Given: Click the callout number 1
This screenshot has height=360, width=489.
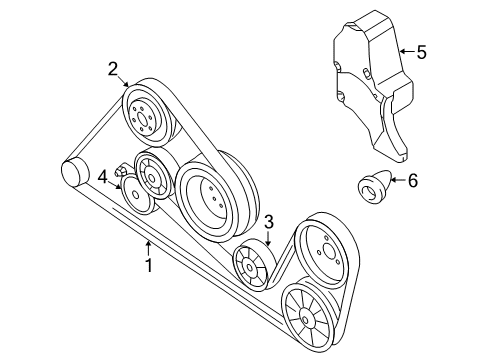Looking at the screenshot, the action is pyautogui.click(x=149, y=265).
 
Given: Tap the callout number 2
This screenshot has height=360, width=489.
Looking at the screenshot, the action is pyautogui.click(x=113, y=70).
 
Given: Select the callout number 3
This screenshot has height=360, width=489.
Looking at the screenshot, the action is pyautogui.click(x=269, y=222).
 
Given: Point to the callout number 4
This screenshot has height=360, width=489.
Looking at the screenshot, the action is pyautogui.click(x=103, y=177).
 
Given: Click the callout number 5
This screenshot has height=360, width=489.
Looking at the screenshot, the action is pyautogui.click(x=422, y=52).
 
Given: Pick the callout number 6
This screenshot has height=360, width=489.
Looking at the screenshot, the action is pyautogui.click(x=413, y=181).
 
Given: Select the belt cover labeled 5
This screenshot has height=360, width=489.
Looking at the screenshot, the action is pyautogui.click(x=373, y=86).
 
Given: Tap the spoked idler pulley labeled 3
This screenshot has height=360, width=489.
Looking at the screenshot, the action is pyautogui.click(x=252, y=266).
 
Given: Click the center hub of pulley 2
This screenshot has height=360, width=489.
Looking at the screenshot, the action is pyautogui.click(x=142, y=119).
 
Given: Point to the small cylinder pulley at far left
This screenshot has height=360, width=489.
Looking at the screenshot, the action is pyautogui.click(x=75, y=173).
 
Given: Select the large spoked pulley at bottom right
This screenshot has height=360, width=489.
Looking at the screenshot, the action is pyautogui.click(x=307, y=318).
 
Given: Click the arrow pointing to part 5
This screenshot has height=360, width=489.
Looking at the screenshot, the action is pyautogui.click(x=407, y=52).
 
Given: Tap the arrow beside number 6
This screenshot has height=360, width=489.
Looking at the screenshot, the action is pyautogui.click(x=398, y=180).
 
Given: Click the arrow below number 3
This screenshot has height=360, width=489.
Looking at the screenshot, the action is pyautogui.click(x=269, y=239).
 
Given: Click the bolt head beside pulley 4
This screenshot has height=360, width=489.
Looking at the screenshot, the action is pyautogui.click(x=120, y=171).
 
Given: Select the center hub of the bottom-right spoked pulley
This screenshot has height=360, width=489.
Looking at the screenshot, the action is pyautogui.click(x=305, y=319).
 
